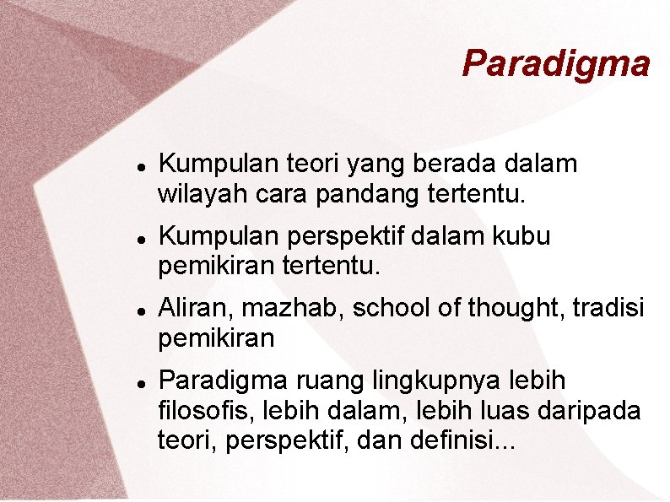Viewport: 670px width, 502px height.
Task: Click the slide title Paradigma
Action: click(556, 63)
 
